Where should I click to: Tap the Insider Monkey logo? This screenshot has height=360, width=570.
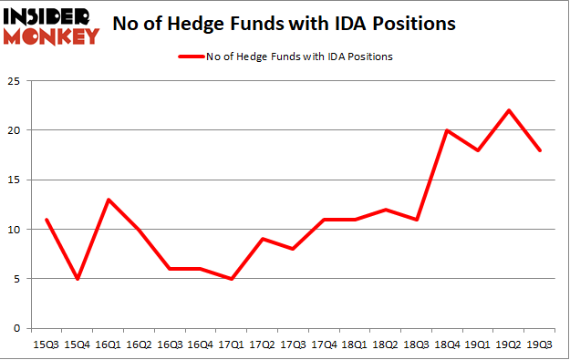pyautogui.click(x=51, y=26)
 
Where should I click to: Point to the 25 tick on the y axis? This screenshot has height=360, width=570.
pyautogui.click(x=16, y=80)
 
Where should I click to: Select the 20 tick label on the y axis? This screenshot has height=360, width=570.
pyautogui.click(x=16, y=130)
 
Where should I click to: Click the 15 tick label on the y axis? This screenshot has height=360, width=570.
pyautogui.click(x=16, y=180)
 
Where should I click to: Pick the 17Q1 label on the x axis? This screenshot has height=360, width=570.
pyautogui.click(x=232, y=345)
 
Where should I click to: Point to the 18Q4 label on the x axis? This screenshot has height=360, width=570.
pyautogui.click(x=447, y=345)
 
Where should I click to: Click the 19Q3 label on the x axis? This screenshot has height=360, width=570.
pyautogui.click(x=540, y=345)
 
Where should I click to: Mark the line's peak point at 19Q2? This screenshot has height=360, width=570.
pyautogui.click(x=509, y=110)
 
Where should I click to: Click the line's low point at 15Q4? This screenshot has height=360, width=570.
pyautogui.click(x=78, y=279)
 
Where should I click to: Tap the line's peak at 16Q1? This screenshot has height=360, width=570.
pyautogui.click(x=109, y=200)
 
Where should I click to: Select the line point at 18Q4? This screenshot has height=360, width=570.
pyautogui.click(x=447, y=130)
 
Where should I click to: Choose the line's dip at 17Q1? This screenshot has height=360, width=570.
pyautogui.click(x=232, y=279)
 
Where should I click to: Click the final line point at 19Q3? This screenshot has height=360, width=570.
pyautogui.click(x=540, y=150)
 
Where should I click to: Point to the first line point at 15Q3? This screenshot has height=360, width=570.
pyautogui.click(x=47, y=220)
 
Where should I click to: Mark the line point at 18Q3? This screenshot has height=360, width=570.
pyautogui.click(x=417, y=220)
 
